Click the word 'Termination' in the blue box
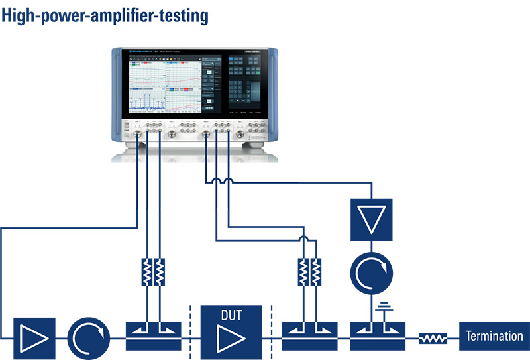494,337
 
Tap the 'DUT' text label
231,316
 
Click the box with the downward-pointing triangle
371,217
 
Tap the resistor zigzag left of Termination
433,339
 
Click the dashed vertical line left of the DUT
190,331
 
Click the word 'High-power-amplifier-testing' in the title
106,15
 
